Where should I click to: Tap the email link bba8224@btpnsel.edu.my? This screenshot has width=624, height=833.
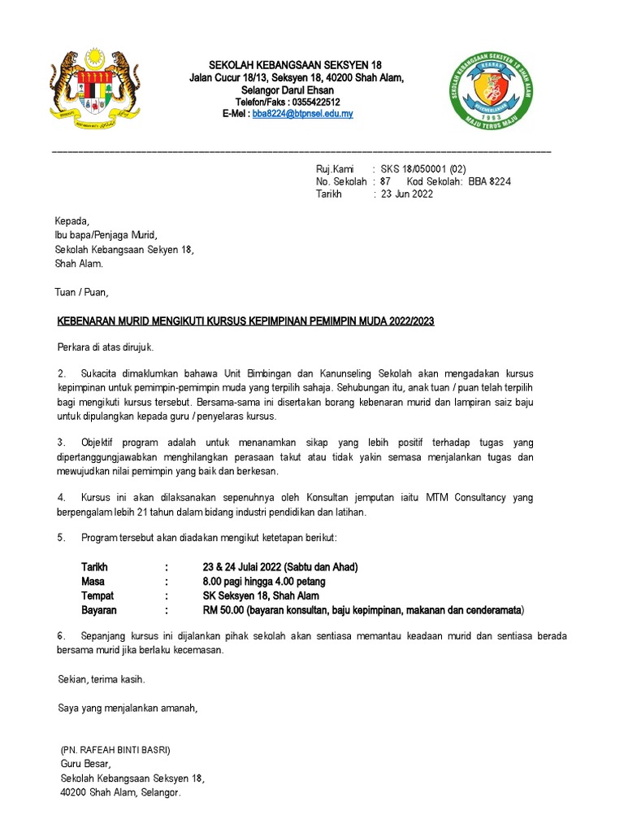pyautogui.click(x=302, y=115)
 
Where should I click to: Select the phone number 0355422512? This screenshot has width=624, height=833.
pyautogui.click(x=311, y=102)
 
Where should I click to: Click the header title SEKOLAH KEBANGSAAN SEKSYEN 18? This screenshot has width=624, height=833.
pyautogui.click(x=296, y=65)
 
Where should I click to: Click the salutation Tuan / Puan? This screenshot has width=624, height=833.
pyautogui.click(x=81, y=292)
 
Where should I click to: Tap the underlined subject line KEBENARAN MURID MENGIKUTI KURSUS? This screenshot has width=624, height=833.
pyautogui.click(x=245, y=321)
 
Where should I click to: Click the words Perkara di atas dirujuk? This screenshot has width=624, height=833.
pyautogui.click(x=105, y=348)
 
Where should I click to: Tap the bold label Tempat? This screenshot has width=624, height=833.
pyautogui.click(x=98, y=595)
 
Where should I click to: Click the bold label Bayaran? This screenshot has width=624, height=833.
pyautogui.click(x=99, y=609)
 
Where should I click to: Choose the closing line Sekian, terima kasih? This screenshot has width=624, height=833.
pyautogui.click(x=102, y=678)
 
